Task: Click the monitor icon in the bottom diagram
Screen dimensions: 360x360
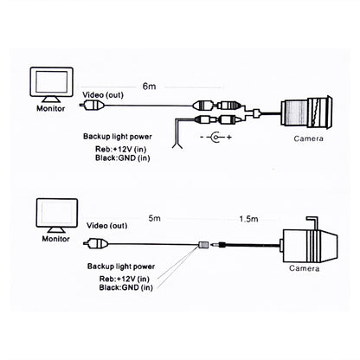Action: [x=49, y=215]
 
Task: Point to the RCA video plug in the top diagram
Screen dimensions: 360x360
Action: [x=88, y=106]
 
